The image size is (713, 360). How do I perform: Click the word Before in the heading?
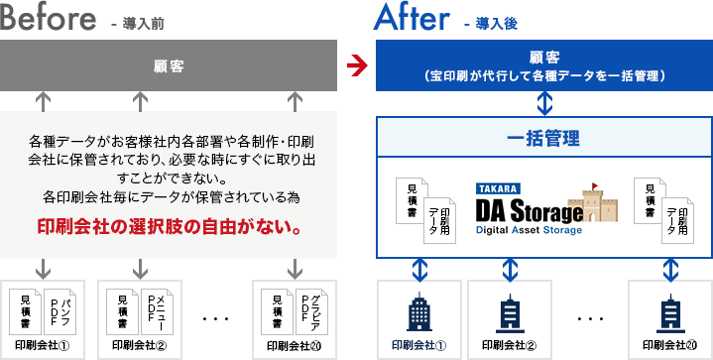coord(49,19)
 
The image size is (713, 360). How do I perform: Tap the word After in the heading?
coord(412,19)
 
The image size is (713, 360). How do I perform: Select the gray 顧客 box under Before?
coord(170,67)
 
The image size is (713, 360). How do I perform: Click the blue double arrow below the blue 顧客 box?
coord(544,102)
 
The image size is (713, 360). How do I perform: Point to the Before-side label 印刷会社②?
coord(140,346)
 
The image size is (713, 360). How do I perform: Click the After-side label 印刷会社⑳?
coord(670,346)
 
